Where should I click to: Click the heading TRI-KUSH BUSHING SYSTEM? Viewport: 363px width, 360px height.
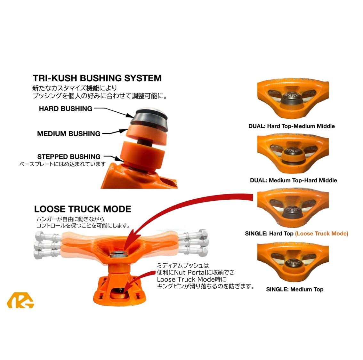click(97, 78)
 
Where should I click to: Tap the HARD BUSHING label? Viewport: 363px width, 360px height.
click(66, 109)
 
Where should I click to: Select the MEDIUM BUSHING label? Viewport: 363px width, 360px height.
click(69, 134)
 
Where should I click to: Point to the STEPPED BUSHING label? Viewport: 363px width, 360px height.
click(69, 156)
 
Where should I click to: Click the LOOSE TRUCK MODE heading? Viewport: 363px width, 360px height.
click(83, 209)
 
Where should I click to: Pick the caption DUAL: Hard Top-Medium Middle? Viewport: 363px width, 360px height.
click(292, 126)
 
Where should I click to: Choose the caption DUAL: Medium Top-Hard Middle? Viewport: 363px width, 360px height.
click(294, 180)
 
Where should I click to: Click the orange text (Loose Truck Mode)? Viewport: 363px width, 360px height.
click(322, 234)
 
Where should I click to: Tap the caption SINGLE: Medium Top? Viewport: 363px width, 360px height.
click(295, 289)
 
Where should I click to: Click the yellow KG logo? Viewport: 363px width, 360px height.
click(20, 300)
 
